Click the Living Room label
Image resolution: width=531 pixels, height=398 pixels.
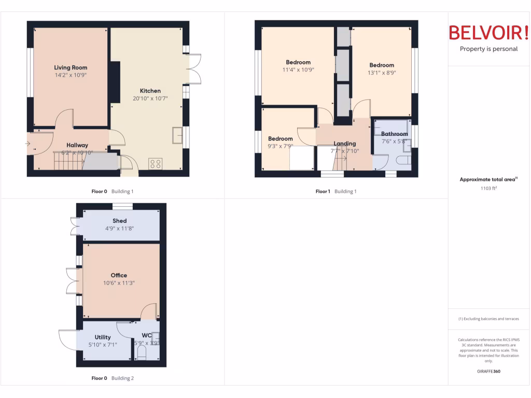[71, 67]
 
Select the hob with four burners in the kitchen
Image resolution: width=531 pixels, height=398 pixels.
[155, 164]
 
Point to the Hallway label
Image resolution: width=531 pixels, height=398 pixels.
[77, 145]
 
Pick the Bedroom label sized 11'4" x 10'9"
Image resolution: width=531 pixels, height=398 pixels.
[298, 63]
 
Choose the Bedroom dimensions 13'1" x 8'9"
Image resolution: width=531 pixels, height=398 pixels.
[382, 73]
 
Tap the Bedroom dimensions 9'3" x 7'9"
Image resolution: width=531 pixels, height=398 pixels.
[281, 146]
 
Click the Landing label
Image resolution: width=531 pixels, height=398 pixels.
[345, 144]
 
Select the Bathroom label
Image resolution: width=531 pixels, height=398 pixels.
[395, 134]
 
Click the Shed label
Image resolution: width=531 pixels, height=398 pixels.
[120, 221]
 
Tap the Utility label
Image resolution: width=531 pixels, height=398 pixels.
[103, 337]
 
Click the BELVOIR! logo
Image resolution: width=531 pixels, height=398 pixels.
[489, 33]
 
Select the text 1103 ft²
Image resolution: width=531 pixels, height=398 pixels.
[488, 189]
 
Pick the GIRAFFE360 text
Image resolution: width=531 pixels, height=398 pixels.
[488, 372]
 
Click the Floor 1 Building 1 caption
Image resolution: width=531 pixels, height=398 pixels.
[336, 192]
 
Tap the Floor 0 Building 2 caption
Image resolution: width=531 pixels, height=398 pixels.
[113, 378]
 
